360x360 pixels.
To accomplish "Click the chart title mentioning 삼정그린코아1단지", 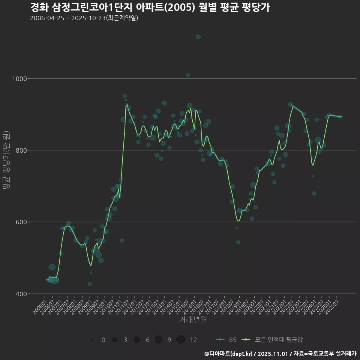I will pos(150,7).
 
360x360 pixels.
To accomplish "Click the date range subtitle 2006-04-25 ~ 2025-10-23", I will pos(84,18).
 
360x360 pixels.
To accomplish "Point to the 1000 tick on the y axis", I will pos(19,79).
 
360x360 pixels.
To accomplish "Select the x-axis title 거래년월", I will pos(193,320).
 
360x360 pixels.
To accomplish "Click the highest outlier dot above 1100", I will pos(198,37).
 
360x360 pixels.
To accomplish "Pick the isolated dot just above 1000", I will pos(188,75).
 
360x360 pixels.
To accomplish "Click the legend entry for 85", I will pos(226,340).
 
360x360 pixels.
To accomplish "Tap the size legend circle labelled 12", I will pos(181,340).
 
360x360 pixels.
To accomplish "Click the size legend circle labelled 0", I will pos(92,340).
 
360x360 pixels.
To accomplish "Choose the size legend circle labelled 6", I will pos(136,340).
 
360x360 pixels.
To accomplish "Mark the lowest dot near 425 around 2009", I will pos(90,284).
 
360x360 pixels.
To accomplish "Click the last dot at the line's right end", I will pos(340,117).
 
